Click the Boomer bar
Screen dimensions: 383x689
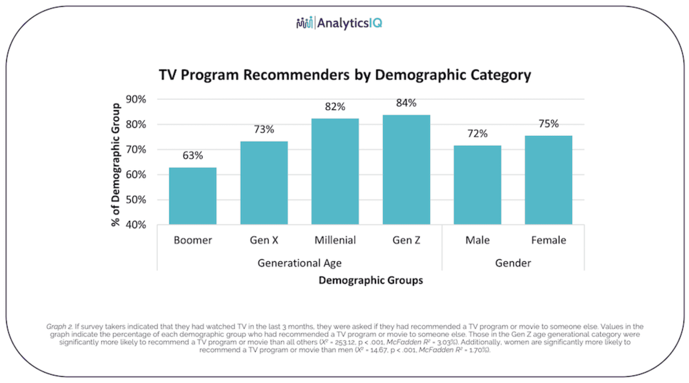(193, 196)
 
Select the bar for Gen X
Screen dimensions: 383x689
(264, 183)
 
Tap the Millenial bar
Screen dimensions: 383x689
(335, 171)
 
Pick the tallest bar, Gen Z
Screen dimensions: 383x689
(406, 170)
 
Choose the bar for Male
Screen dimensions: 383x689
(477, 185)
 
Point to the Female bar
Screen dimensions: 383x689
(548, 180)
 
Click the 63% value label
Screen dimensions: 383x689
(193, 155)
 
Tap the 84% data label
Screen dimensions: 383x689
(406, 103)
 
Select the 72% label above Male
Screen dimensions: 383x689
(477, 133)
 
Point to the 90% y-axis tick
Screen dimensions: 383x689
(136, 99)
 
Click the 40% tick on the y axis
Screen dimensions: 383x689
(136, 225)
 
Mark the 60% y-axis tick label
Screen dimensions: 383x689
(136, 175)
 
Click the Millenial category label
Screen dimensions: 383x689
(335, 240)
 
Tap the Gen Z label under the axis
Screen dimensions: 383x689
(406, 240)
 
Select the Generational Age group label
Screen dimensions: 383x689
(299, 263)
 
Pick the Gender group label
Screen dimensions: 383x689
(513, 263)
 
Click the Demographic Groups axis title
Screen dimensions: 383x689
(371, 280)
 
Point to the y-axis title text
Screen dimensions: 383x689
(116, 164)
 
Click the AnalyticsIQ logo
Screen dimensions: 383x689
(340, 23)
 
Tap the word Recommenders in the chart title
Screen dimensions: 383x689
(296, 75)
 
